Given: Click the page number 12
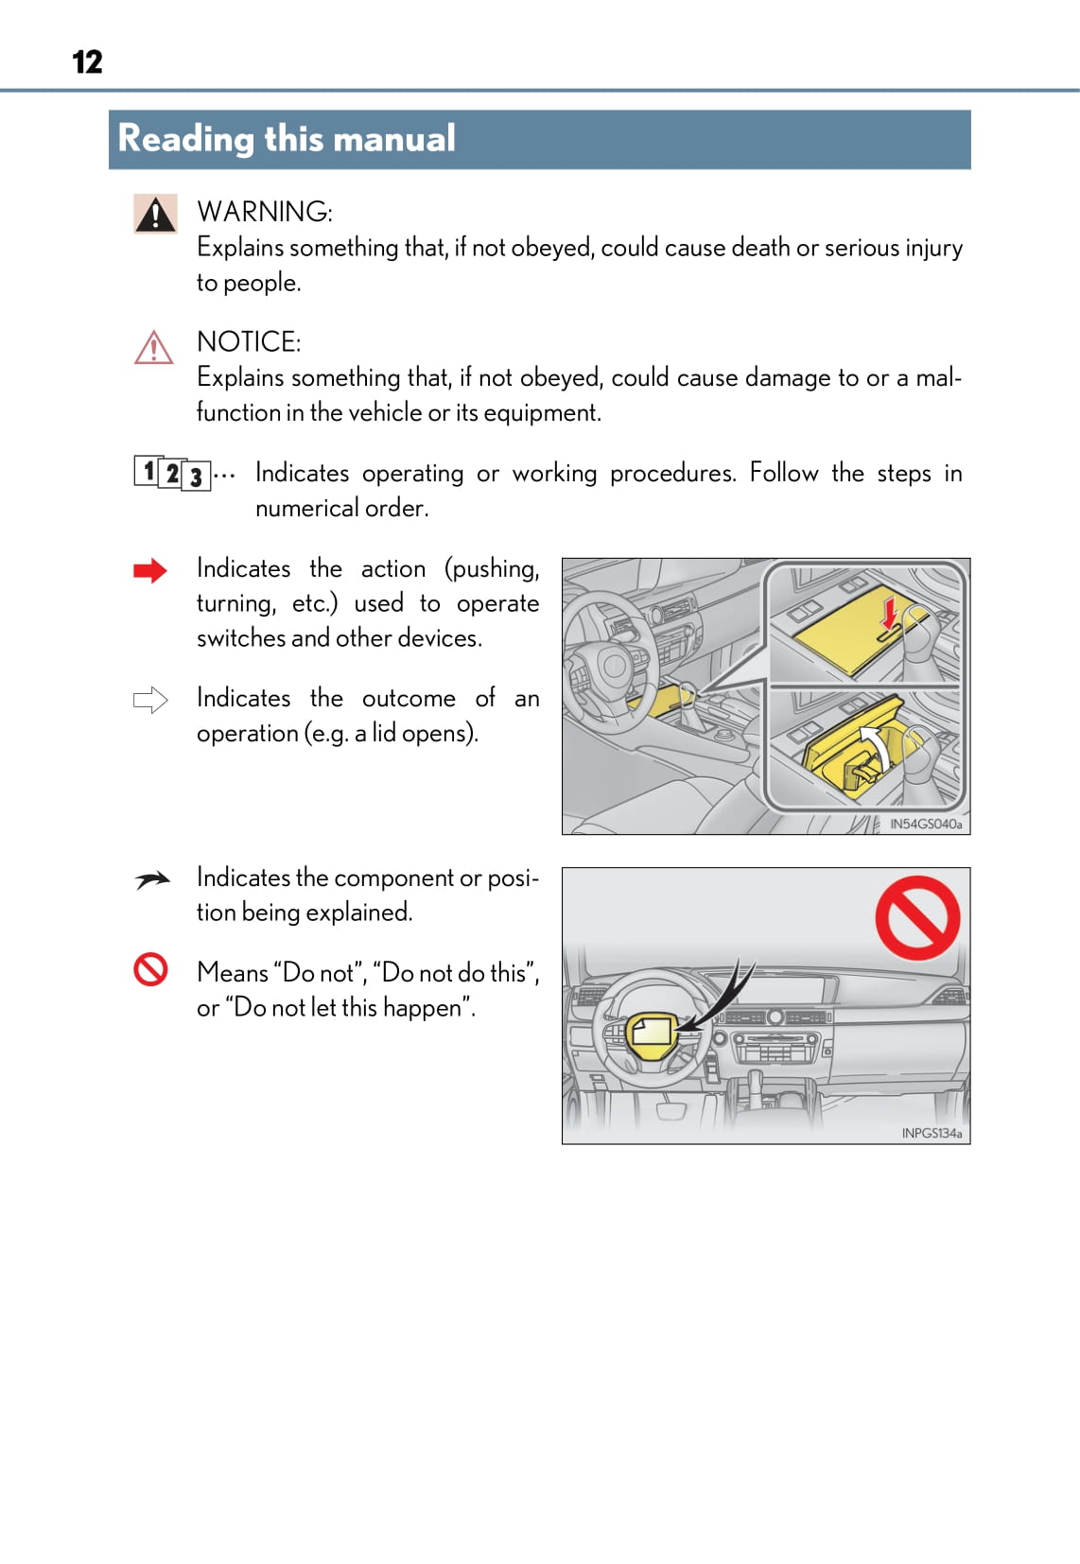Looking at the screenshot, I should (87, 62).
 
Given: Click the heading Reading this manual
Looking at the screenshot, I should (287, 139).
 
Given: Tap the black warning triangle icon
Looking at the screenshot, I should (155, 215).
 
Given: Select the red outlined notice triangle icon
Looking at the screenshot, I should (154, 348).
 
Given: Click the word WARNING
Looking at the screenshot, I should (264, 212).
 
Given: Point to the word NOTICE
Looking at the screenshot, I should (248, 342).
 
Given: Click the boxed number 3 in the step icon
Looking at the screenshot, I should (196, 477).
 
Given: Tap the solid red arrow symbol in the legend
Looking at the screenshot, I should (150, 570).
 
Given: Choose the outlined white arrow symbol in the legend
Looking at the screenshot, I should (150, 701).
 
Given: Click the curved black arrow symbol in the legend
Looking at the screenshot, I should (151, 880).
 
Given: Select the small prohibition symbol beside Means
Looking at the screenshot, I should (150, 969).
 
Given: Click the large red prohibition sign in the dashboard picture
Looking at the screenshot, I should (916, 917).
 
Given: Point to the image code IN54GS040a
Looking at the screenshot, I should (925, 825).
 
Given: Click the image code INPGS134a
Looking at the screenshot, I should (931, 1133).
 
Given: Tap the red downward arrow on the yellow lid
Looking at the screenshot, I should (889, 612).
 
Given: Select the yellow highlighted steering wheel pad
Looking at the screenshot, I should (651, 1031).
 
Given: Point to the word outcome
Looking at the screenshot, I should (409, 699).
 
